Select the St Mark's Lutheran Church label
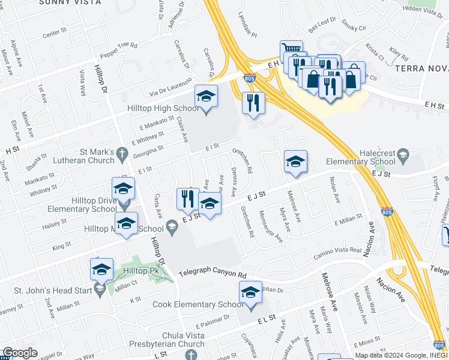[x=79, y=156]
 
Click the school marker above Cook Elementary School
[x=250, y=293]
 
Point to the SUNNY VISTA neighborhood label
[x=62, y=2]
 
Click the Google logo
[x=19, y=353]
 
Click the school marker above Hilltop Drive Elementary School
[x=123, y=190]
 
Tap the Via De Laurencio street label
[x=171, y=87]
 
